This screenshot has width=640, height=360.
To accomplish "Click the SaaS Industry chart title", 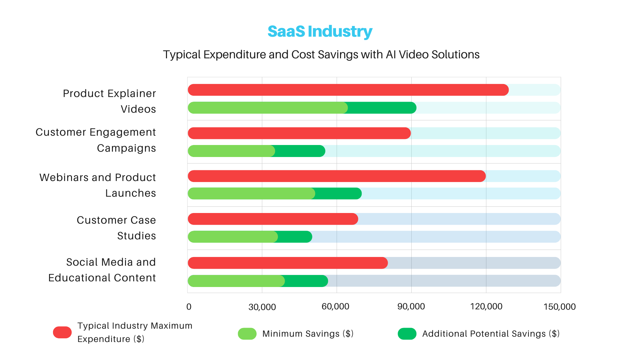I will (320, 31).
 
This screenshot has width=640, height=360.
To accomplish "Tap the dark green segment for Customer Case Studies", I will (295, 237).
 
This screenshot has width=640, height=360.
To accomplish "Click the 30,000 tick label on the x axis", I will (262, 307).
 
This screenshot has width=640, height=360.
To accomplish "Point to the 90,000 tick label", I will (411, 307).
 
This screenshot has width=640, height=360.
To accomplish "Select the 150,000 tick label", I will (559, 307).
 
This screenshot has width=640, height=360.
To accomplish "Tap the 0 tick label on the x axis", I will (189, 307).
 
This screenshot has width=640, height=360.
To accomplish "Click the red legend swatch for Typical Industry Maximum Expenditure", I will (62, 332).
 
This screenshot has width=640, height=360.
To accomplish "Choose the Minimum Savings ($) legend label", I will (308, 334).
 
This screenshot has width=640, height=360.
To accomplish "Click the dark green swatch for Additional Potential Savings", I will (407, 334).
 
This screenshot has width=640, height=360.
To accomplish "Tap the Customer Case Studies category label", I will (116, 228).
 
